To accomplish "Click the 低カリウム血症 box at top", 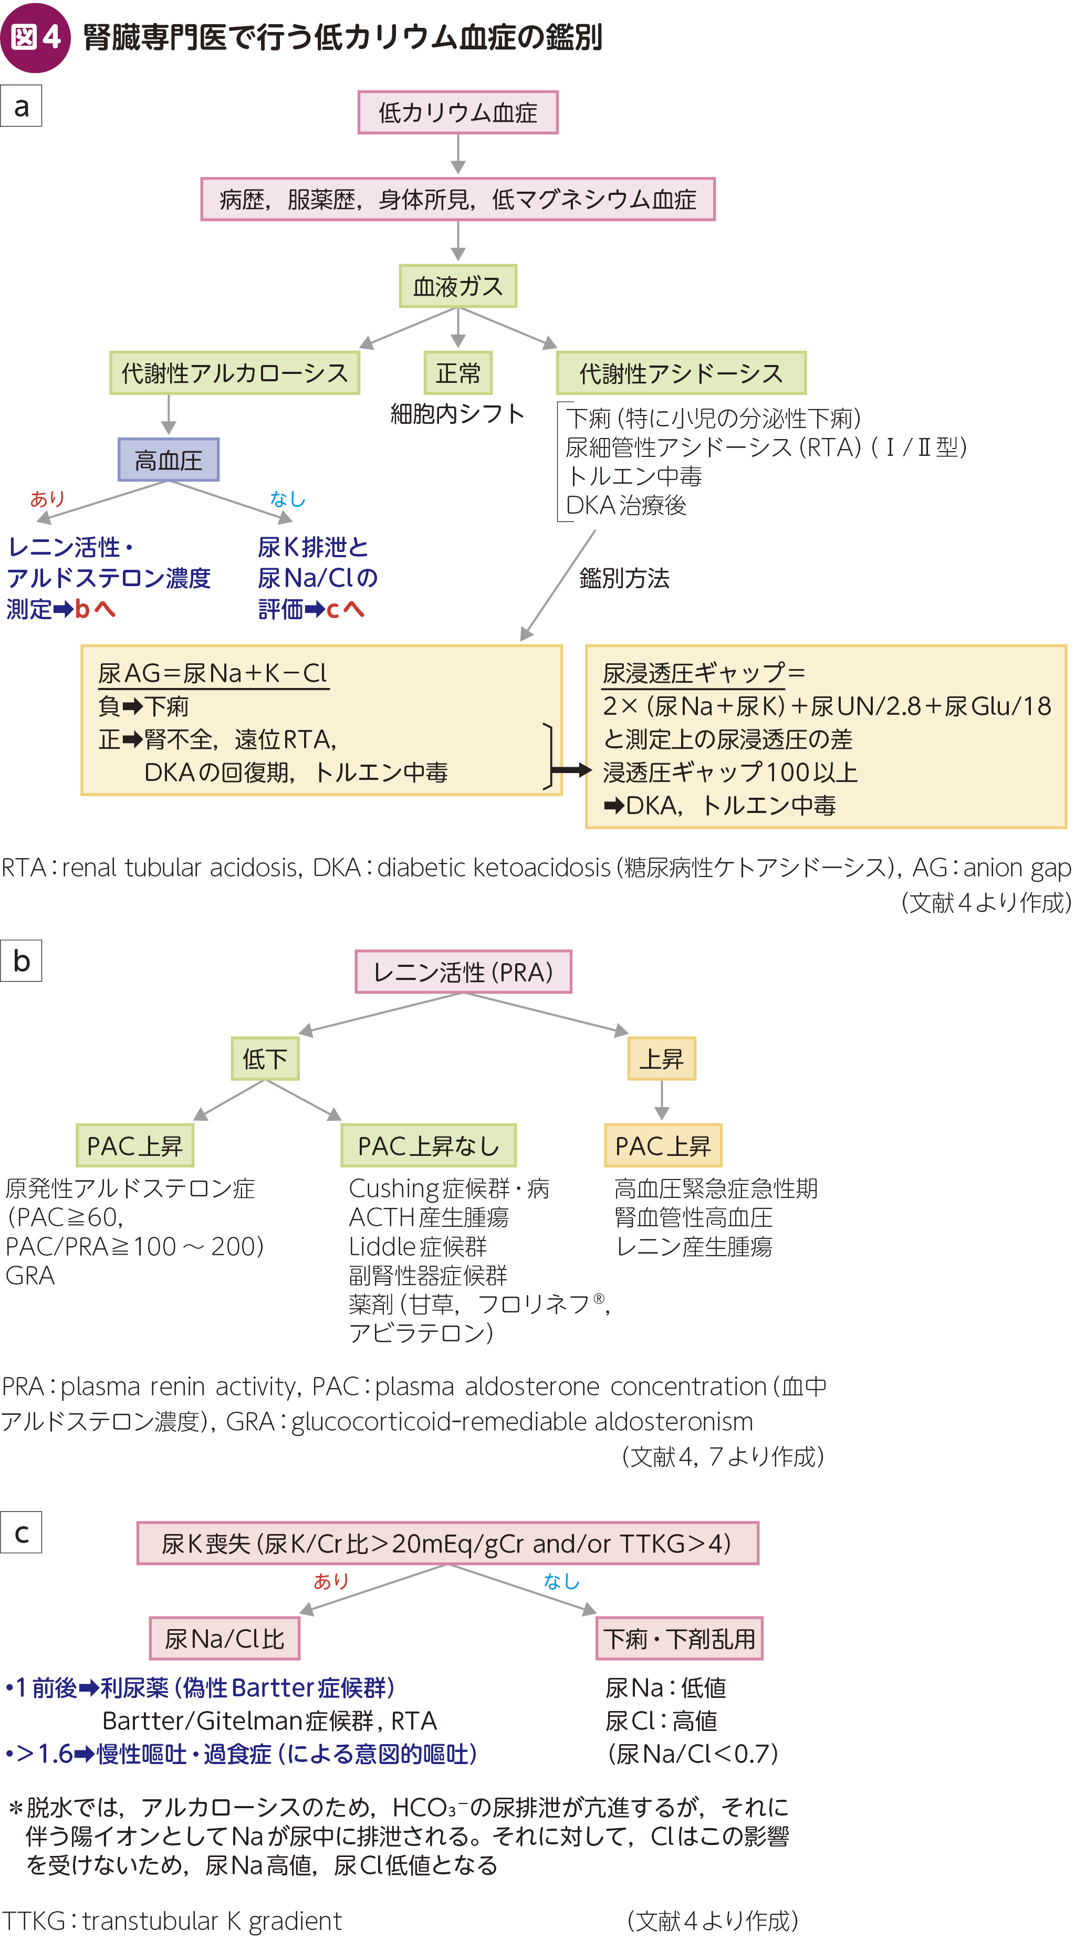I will (457, 112).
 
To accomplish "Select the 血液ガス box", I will (457, 286).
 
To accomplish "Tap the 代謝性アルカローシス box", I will (234, 373).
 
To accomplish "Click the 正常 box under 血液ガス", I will (457, 373).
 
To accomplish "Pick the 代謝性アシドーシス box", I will (680, 373).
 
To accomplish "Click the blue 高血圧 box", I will (168, 460).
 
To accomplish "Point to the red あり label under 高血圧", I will (47, 498).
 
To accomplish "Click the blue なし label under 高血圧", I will (287, 498).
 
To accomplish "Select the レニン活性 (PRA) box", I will (463, 972).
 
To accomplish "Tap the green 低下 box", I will (265, 1059).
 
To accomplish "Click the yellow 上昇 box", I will (661, 1059).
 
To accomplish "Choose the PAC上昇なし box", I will (428, 1145).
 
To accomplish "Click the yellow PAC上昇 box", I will (662, 1145).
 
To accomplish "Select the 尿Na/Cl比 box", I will (224, 1638).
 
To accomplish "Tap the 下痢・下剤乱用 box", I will (679, 1638).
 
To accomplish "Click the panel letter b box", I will (21, 960).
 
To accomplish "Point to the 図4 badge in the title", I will (35, 37).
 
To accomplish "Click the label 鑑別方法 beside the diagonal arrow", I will (624, 578).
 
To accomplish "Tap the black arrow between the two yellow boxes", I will (571, 770).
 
